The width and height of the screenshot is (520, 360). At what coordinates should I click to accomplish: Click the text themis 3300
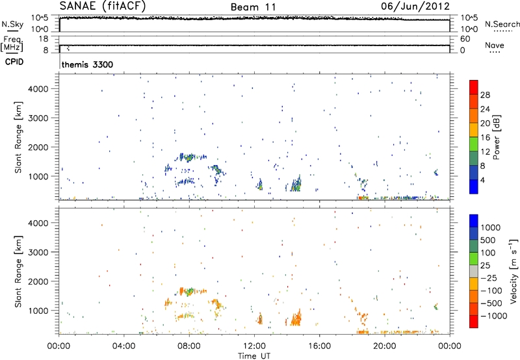pyautogui.click(x=85, y=65)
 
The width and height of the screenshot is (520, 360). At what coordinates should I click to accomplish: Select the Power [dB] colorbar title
pyautogui.click(x=496, y=139)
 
